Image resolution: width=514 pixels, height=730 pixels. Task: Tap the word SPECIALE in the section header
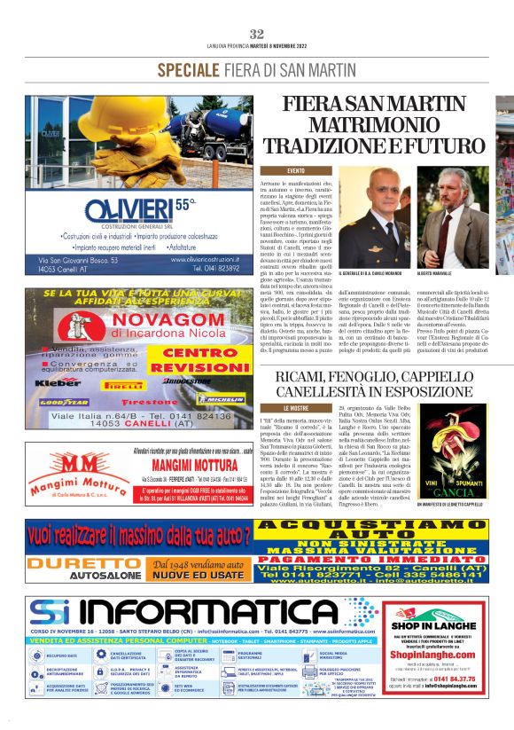pos(189,70)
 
